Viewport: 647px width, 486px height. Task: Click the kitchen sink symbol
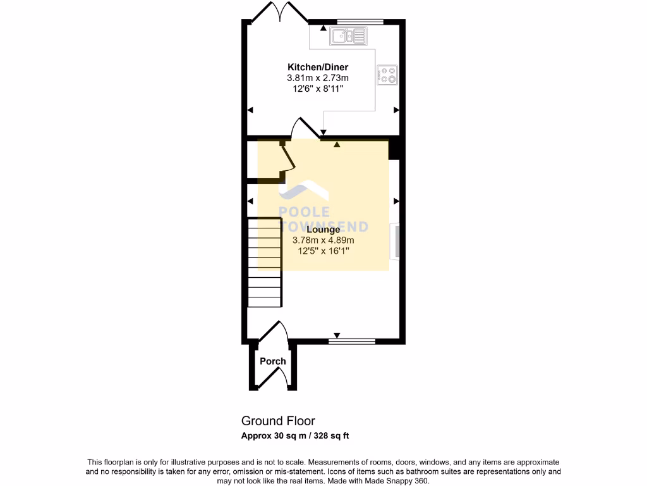(x=348, y=36)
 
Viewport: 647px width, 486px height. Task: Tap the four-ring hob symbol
(x=387, y=75)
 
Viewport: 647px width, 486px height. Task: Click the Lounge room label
(x=323, y=230)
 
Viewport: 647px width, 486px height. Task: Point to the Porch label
(x=273, y=361)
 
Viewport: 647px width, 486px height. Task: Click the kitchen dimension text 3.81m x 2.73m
(x=318, y=78)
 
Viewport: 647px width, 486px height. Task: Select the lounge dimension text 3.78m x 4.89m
(x=323, y=240)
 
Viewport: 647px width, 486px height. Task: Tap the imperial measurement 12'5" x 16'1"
(x=323, y=251)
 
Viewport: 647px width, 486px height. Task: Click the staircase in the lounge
(x=263, y=262)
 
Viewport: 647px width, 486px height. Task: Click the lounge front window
(x=351, y=342)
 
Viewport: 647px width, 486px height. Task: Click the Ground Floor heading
(x=278, y=421)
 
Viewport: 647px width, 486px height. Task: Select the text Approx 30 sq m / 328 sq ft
(x=295, y=435)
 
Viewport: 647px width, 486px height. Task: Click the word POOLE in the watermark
(x=305, y=213)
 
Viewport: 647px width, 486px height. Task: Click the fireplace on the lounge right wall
(x=396, y=241)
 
